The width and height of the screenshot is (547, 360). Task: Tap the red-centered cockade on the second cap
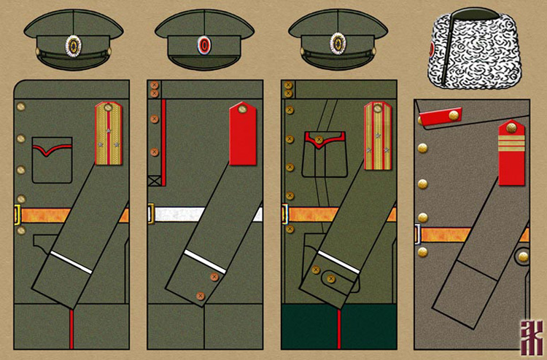click(204, 44)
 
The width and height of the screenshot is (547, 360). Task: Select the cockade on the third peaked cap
click(338, 44)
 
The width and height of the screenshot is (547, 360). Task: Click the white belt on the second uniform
click(190, 214)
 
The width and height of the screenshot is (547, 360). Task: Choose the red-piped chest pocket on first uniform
click(52, 160)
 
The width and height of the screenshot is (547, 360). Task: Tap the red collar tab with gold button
click(442, 116)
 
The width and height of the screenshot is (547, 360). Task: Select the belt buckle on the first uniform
click(17, 215)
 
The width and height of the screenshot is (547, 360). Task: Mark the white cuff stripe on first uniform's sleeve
click(71, 262)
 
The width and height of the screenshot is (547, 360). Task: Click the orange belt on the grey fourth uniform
click(452, 234)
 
